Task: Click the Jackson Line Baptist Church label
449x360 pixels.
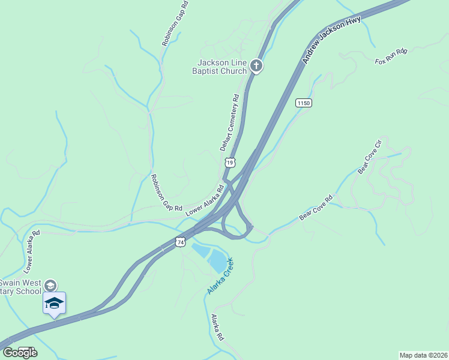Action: [x=223, y=67]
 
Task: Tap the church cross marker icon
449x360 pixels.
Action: [x=256, y=65]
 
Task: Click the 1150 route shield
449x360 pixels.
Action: [x=304, y=103]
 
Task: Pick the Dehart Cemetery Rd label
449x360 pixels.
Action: [x=231, y=122]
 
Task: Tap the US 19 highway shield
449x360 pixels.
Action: [x=230, y=163]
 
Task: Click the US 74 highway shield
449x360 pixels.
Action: [x=181, y=242]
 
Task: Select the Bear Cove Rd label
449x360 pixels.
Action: [x=316, y=208]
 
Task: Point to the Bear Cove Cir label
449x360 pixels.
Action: [x=369, y=157]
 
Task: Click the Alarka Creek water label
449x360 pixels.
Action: [x=220, y=276]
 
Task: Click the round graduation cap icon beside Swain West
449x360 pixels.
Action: [x=51, y=285]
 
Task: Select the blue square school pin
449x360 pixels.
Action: [x=55, y=303]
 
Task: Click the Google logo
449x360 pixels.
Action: [x=19, y=352]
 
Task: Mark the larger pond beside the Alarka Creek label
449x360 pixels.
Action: [x=217, y=262]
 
